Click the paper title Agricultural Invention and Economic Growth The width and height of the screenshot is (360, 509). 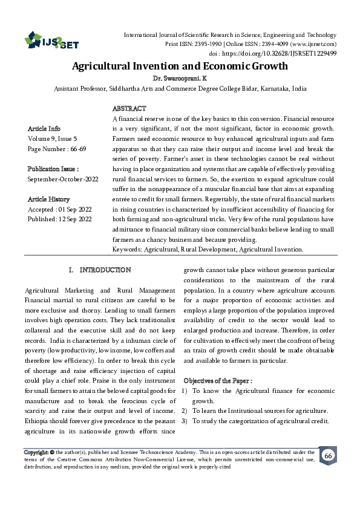[x=180, y=66]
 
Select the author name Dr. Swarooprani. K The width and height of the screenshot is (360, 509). [x=180, y=79]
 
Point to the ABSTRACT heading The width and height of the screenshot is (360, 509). [x=129, y=108]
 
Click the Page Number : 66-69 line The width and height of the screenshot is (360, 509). [x=57, y=149]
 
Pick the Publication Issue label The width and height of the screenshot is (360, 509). [x=53, y=169]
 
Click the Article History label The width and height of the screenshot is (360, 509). [x=48, y=199]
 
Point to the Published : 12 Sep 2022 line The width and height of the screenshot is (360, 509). [x=60, y=219]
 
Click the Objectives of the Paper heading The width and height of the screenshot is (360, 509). [x=218, y=380]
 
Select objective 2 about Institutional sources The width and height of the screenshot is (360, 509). [x=259, y=411]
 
